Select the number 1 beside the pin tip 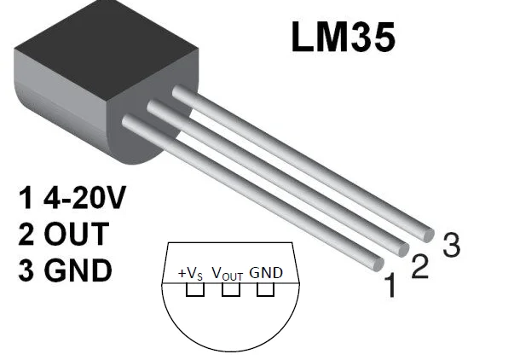coord(390,287)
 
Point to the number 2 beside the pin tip coord(419,266)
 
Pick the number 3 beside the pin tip coord(451,246)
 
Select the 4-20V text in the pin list coord(83,199)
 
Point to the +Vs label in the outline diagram coord(190,273)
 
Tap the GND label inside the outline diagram coord(266,273)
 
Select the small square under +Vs coord(195,291)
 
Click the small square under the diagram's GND coord(265,291)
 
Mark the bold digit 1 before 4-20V coord(26,199)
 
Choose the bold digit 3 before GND coord(27,270)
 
